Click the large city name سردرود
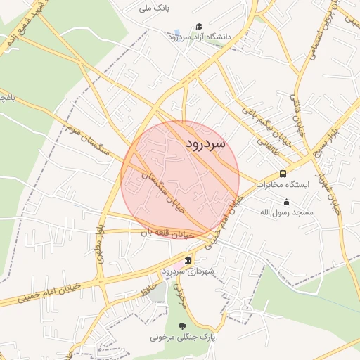(x=206, y=143)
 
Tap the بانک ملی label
(x=155, y=9)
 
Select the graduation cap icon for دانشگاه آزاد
(x=200, y=26)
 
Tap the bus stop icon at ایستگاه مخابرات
(x=283, y=174)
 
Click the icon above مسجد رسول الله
(x=286, y=202)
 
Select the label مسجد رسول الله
(x=286, y=212)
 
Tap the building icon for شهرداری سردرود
(x=188, y=261)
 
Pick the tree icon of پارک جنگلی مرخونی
(x=183, y=326)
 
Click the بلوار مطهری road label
(x=104, y=243)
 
